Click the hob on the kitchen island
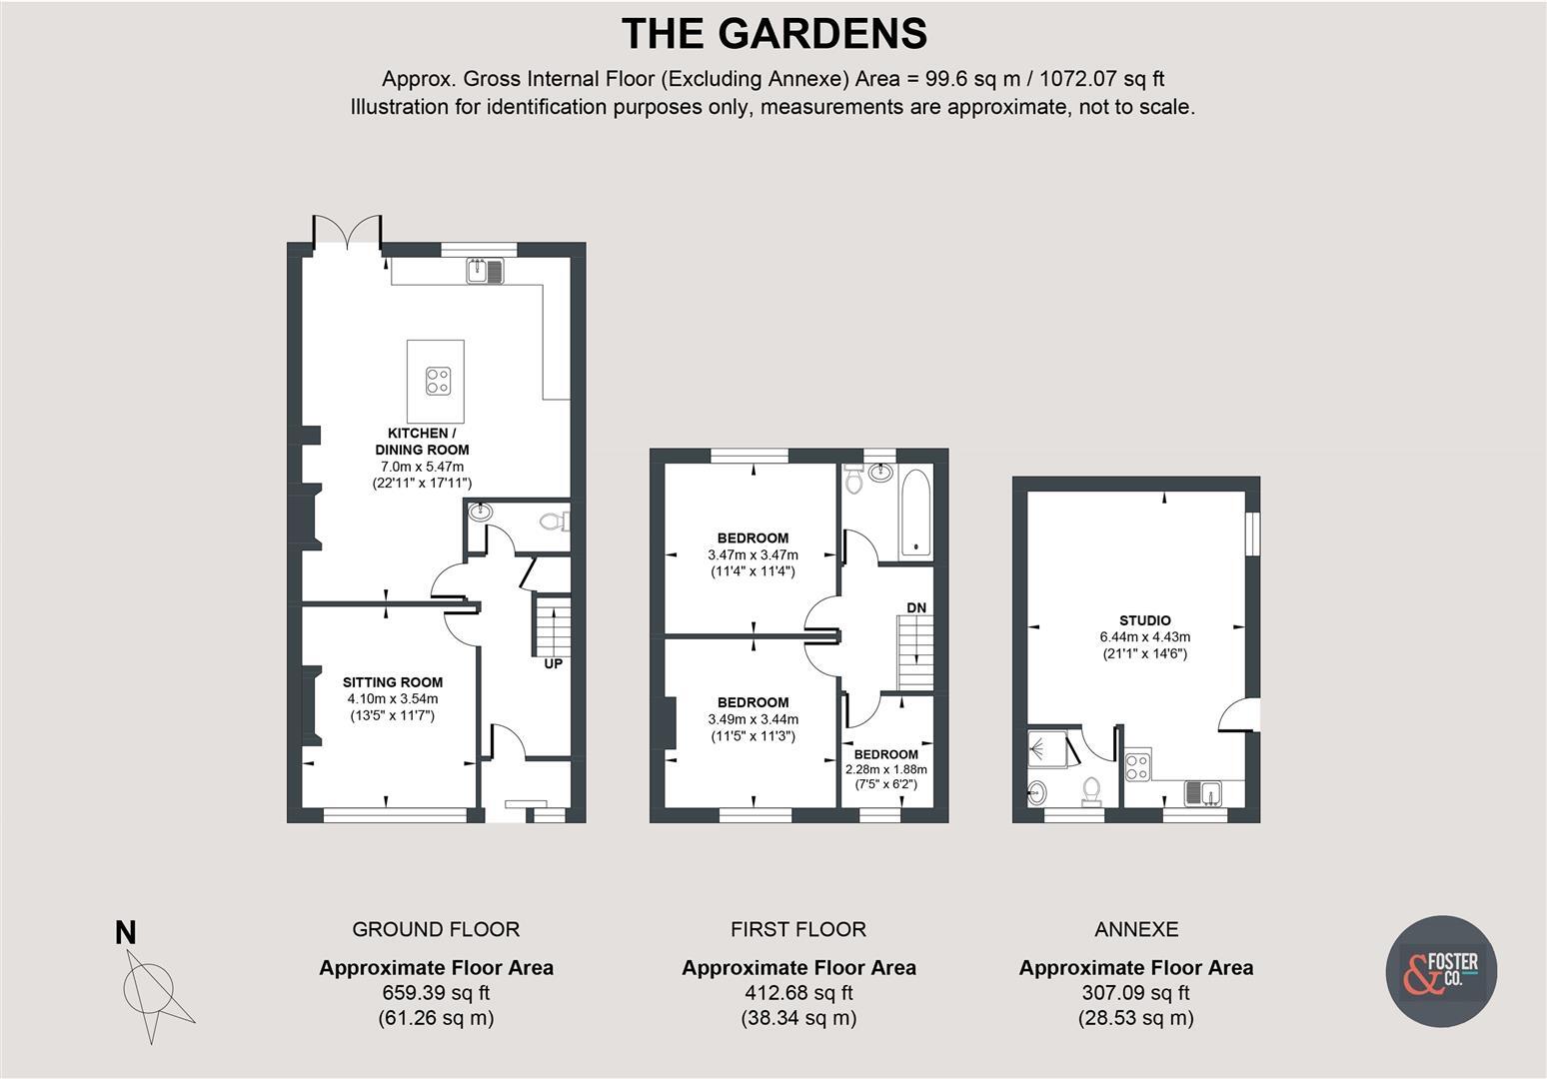tap(438, 381)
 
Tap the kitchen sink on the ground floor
tap(486, 270)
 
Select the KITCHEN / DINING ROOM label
tap(422, 441)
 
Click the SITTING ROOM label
tap(393, 682)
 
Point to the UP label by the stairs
tap(553, 663)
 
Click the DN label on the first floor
tap(915, 607)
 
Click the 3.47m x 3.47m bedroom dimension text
tap(753, 554)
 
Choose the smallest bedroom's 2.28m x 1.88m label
tap(885, 769)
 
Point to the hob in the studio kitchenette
tap(1137, 765)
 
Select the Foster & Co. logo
tap(1441, 971)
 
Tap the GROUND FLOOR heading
tap(436, 929)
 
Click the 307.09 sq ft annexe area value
tap(1135, 993)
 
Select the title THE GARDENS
tap(773, 34)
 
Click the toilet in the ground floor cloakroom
tap(552, 521)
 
